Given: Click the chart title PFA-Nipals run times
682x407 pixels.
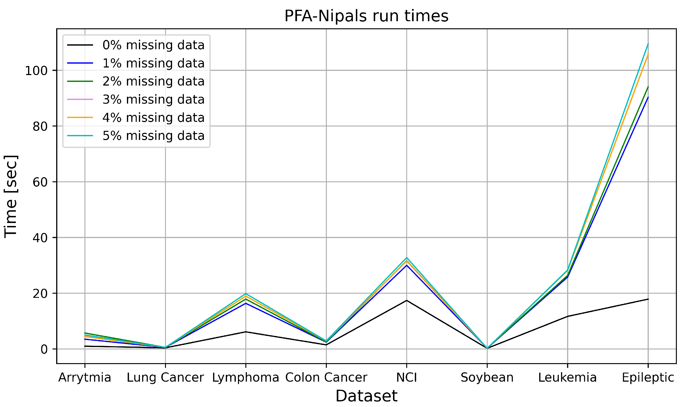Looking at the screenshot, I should (366, 16).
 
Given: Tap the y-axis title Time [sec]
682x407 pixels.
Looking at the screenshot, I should (11, 196).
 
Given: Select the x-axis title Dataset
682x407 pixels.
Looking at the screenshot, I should (366, 396).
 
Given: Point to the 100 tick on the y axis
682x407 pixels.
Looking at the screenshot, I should (36, 71).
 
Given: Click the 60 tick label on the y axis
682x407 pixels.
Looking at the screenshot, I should (40, 182).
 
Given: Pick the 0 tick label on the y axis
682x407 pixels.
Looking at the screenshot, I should (44, 349).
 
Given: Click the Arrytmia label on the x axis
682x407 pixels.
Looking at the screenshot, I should (85, 377).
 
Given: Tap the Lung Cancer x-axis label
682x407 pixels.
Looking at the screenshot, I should (165, 377).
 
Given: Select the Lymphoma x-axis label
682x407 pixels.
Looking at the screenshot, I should (246, 377).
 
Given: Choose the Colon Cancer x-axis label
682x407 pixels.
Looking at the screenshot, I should (326, 377).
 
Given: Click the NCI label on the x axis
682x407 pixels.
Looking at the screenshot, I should (406, 377).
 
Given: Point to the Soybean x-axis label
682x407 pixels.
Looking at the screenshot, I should (487, 377).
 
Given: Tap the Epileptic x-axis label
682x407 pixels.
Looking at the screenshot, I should (648, 377).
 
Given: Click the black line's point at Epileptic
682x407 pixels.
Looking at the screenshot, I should (648, 299).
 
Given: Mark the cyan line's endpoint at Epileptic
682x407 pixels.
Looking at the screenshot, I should (648, 44).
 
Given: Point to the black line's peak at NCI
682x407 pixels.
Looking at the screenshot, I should (406, 300).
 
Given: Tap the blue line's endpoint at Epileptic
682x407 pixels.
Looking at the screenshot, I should (648, 97).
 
